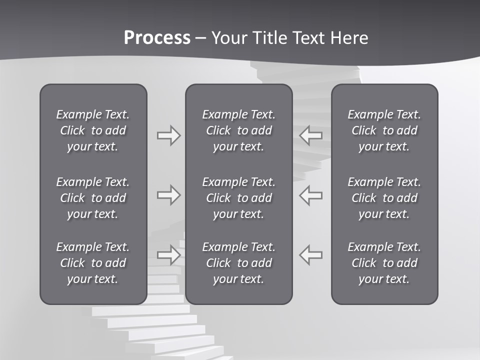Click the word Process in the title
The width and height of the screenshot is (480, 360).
click(x=157, y=38)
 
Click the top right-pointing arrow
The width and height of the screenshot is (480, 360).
click(x=168, y=135)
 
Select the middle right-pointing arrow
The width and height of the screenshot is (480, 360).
click(x=168, y=195)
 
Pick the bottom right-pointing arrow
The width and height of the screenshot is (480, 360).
click(x=168, y=254)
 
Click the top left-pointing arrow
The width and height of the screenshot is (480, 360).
click(x=310, y=135)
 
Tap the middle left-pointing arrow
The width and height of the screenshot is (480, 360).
click(x=310, y=195)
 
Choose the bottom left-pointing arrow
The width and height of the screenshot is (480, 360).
click(x=310, y=254)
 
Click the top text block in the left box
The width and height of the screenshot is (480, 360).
click(x=93, y=130)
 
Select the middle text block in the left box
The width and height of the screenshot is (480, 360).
click(x=93, y=198)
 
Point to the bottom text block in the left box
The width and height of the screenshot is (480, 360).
click(x=93, y=263)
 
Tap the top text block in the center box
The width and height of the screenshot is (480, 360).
click(x=239, y=130)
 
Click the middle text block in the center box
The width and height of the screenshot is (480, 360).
click(x=239, y=198)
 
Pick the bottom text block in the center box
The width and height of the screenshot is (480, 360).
click(x=239, y=263)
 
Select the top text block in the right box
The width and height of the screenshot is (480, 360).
click(x=384, y=130)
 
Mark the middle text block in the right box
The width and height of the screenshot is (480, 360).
click(x=384, y=198)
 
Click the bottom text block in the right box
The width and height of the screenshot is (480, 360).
click(x=384, y=263)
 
